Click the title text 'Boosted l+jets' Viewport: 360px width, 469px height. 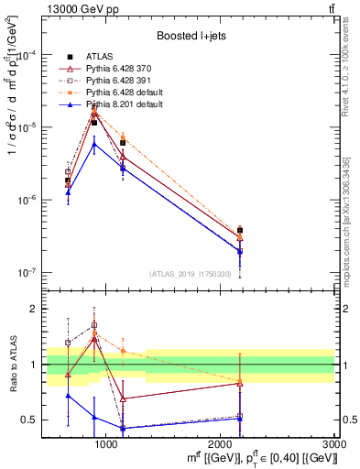188,36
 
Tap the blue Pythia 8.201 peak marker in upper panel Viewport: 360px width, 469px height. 93,143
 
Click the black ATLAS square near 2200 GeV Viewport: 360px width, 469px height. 240,231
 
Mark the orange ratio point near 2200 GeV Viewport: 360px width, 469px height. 240,380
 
